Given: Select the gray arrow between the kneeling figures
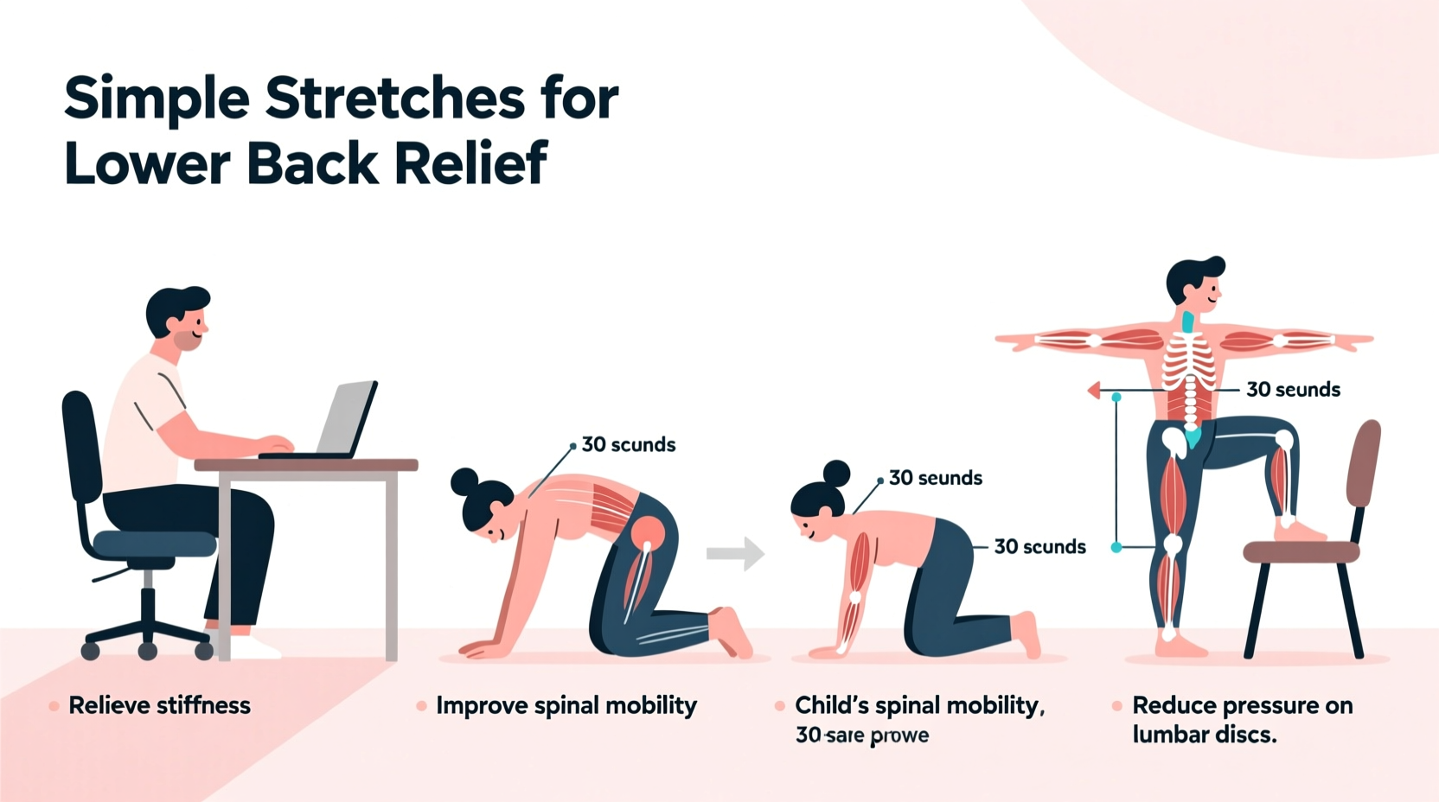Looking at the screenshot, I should tap(735, 554).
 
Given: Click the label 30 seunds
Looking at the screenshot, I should tap(936, 478).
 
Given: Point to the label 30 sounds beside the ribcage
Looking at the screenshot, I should tap(1293, 390).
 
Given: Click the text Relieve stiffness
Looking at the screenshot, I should tap(159, 705).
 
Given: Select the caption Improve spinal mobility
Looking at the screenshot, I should tap(566, 705).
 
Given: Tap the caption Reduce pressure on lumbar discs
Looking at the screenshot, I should tap(1242, 720).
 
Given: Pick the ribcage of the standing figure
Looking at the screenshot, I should tap(1190, 363).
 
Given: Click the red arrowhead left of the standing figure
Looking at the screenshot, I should tap(1094, 391).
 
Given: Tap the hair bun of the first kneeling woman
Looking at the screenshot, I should tap(464, 481).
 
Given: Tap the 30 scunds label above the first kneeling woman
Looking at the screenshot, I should tap(629, 445).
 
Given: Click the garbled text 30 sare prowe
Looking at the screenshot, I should tap(862, 735).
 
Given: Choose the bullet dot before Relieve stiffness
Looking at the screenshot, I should tap(54, 706).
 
